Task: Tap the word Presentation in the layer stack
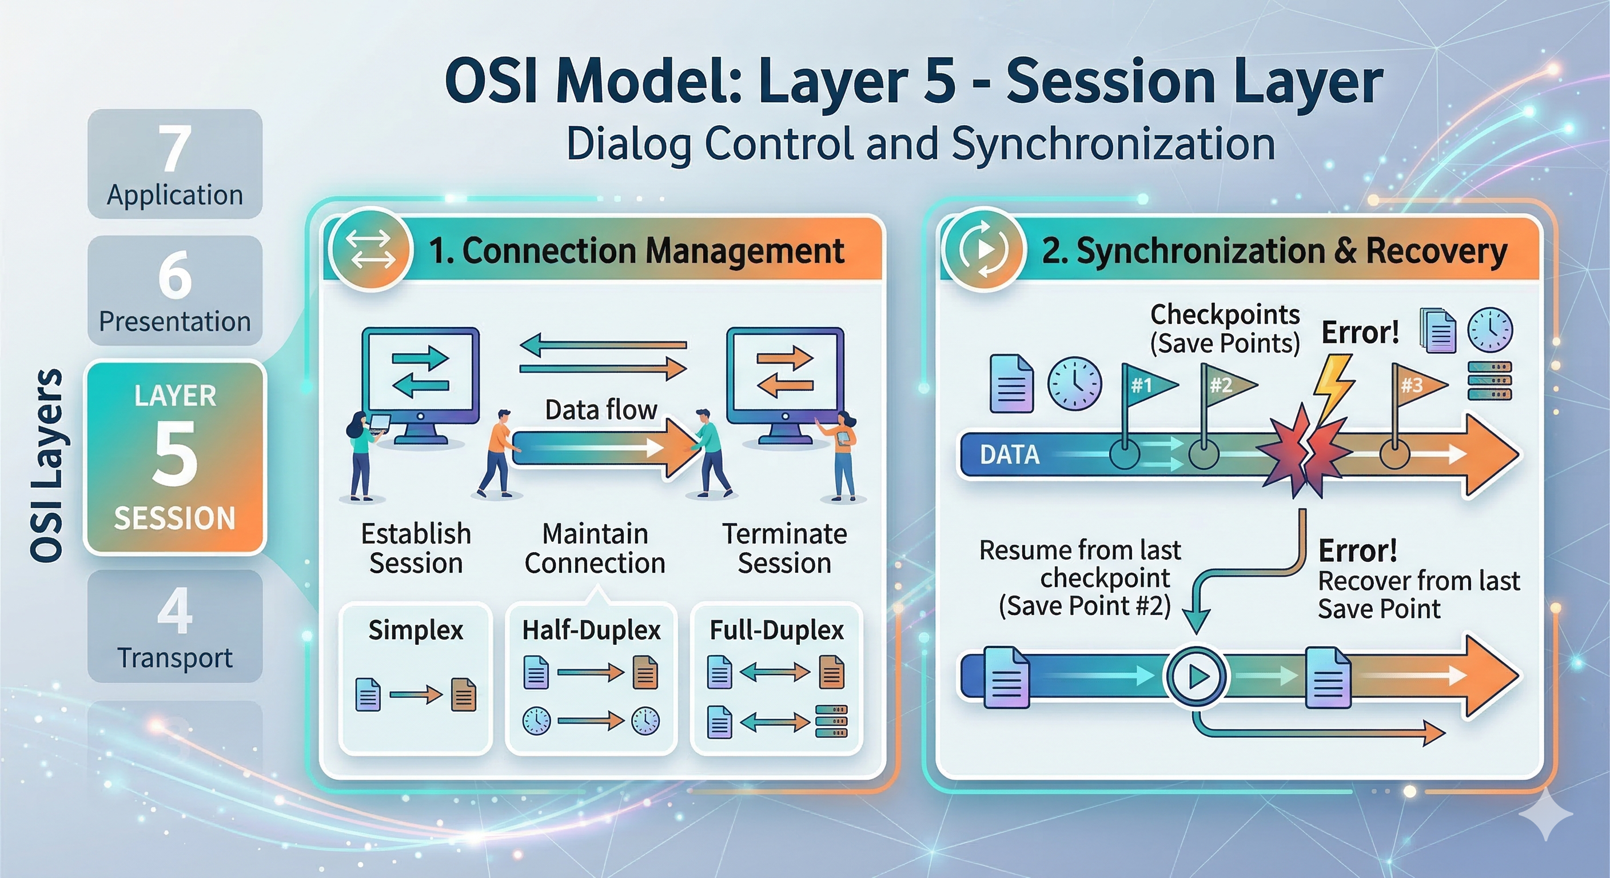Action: point(174,321)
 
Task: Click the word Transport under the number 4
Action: point(174,657)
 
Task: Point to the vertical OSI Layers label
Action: point(47,465)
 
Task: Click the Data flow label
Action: point(601,410)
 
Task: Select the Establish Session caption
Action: point(416,548)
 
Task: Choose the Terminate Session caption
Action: point(784,548)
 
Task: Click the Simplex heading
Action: point(416,630)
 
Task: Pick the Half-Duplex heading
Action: point(591,630)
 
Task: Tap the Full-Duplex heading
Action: point(777,630)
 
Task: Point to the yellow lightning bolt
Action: point(1333,388)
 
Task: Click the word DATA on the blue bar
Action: point(1009,454)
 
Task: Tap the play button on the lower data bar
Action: point(1196,677)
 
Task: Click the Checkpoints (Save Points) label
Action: point(1225,329)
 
